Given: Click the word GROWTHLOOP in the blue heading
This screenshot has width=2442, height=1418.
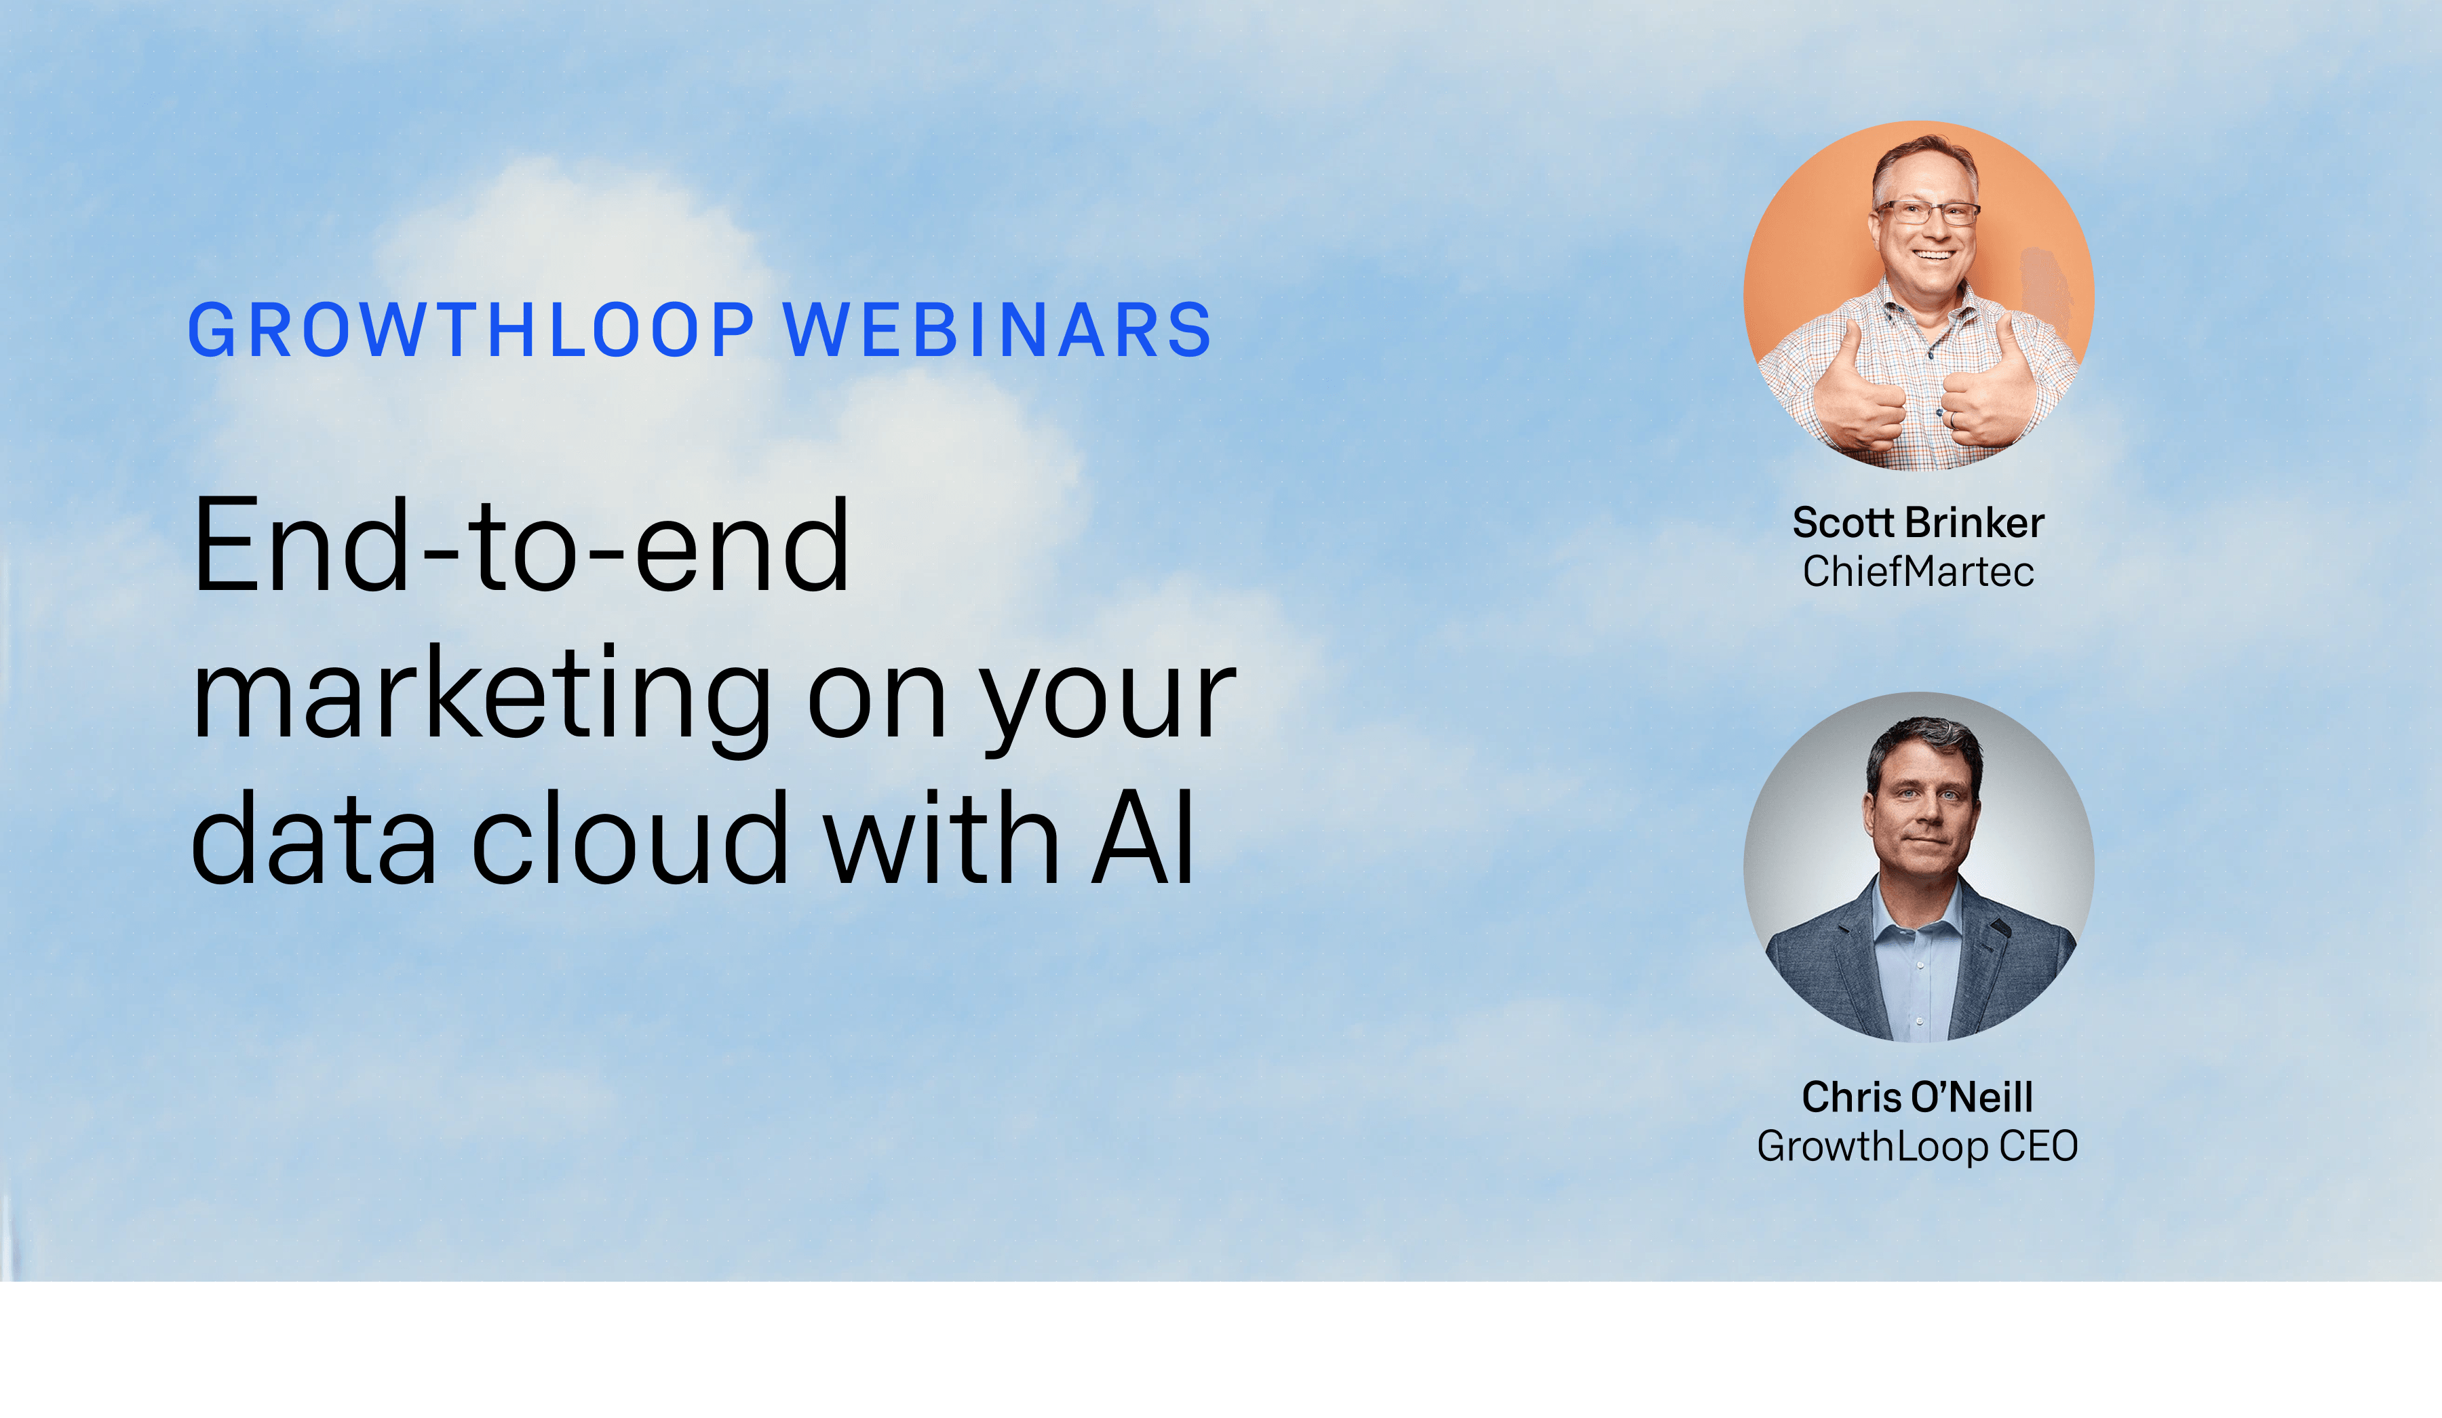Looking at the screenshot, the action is point(471,330).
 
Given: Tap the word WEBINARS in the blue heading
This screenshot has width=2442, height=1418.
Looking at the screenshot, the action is point(998,330).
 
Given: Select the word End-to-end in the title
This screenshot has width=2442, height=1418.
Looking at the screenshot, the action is point(522,545).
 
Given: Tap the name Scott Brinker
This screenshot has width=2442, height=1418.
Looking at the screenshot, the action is point(1918,522).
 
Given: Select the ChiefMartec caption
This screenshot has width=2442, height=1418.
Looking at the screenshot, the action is point(1918,572).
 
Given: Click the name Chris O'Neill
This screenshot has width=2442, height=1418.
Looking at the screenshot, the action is point(1918,1097).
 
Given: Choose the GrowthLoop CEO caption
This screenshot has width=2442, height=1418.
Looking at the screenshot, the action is point(1918,1147).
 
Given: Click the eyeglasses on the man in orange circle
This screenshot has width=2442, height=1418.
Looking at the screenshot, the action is point(1926,211).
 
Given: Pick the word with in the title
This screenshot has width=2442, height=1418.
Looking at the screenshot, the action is point(940,837).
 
